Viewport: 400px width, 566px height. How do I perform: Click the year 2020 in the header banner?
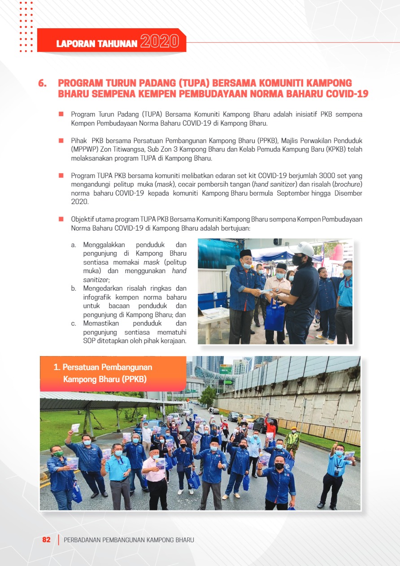pos(160,42)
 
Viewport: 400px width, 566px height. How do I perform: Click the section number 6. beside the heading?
pos(43,83)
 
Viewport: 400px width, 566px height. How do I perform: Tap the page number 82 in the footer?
pos(47,540)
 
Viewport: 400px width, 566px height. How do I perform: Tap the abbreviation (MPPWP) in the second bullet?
pos(85,150)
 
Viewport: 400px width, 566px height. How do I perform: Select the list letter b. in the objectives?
pos(74,288)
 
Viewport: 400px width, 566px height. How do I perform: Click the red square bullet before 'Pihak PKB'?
pos(61,141)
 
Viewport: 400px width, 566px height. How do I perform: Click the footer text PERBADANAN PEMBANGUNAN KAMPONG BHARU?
pos(129,540)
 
